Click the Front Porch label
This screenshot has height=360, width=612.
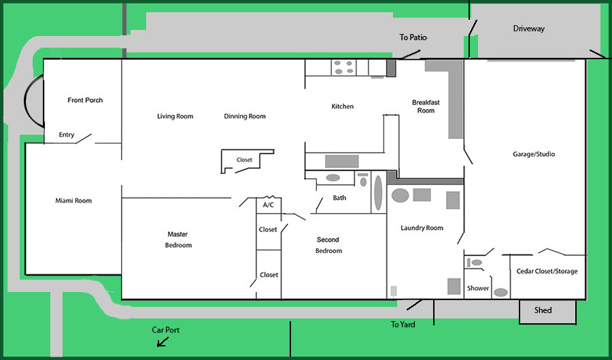pos(85,100)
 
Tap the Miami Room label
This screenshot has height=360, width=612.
pos(73,201)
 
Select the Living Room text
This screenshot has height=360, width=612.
pos(175,116)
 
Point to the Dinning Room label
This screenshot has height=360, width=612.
pos(245,116)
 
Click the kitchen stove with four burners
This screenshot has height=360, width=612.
pos(344,67)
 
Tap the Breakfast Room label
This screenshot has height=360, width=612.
pos(426,106)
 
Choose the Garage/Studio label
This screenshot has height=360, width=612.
pos(534,154)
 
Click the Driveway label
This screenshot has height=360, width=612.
pos(529,29)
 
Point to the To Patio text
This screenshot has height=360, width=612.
pos(413,37)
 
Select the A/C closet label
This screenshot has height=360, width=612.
pos(268,205)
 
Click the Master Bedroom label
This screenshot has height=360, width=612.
pos(178,240)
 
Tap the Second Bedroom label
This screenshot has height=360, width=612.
pos(328,245)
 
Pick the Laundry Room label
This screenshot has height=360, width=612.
pos(422,228)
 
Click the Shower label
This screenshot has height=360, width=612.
pos(478,288)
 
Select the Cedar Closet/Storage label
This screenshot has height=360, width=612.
pos(547,272)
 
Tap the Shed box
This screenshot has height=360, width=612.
pos(547,312)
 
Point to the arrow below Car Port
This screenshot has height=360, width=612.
pos(163,342)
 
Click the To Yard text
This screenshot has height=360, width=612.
pos(403,325)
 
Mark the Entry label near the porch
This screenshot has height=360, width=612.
pos(67,135)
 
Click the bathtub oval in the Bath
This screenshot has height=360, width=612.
pos(378,193)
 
